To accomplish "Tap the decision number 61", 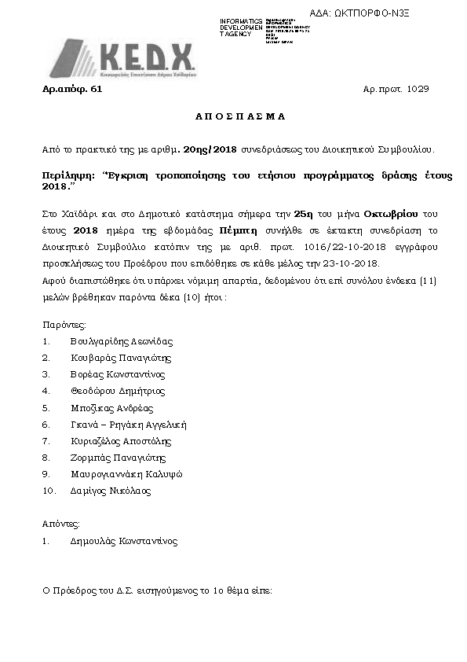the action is pos(97,90).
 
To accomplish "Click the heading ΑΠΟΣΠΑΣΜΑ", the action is pos(239,116).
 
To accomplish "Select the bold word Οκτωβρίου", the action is pos(369,214).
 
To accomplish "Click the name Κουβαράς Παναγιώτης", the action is pos(120,358).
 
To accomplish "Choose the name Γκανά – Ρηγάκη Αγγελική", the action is pos(128,425).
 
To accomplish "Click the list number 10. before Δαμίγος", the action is pos(49,491).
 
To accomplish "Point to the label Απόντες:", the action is pos(60,524).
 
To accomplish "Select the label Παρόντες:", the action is pos(64,324).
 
